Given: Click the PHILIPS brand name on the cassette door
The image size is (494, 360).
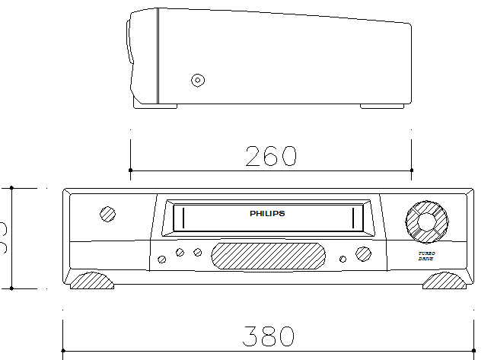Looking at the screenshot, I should click(267, 214).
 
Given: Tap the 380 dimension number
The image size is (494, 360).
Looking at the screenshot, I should click(268, 336).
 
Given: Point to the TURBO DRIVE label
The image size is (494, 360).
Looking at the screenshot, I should click(426, 256).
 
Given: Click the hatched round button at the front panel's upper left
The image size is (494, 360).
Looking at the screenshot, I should click(108, 214).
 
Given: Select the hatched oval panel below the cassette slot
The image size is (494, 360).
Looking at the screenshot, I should click(267, 255).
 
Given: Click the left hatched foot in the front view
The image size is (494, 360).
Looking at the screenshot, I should click(91, 282).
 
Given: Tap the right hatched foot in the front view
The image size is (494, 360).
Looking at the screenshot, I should click(445, 282).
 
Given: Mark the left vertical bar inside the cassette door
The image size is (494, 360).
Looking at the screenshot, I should click(181, 218).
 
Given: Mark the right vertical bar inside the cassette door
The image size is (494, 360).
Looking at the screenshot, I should click(354, 218).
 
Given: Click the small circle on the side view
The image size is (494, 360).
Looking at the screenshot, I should click(198, 79).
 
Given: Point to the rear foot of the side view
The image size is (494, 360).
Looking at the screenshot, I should click(382, 106).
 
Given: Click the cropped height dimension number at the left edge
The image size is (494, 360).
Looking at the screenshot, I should click(3, 228).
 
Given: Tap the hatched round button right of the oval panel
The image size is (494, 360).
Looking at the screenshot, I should click(362, 254).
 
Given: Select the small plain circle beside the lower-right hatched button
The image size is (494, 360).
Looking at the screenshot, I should click(343, 259).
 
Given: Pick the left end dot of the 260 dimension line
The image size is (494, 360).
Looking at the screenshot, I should click(130, 170).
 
